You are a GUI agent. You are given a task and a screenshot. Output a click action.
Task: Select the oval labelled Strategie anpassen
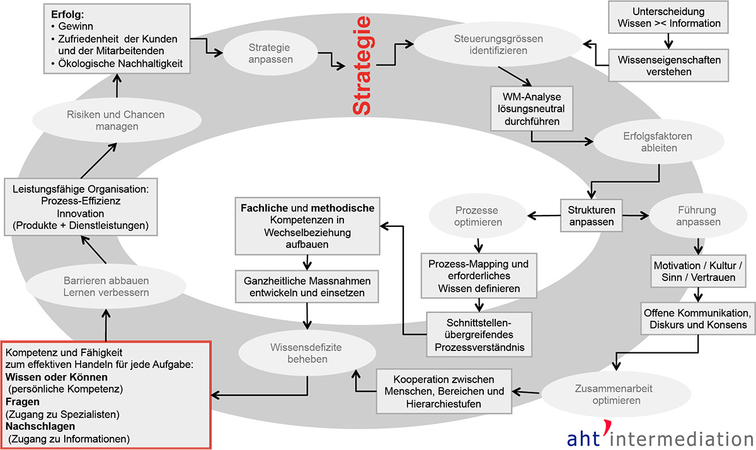coord(269,53)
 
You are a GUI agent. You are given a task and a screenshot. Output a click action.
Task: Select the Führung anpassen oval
coord(695,216)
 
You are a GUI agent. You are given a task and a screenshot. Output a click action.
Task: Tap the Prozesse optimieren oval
coord(478,216)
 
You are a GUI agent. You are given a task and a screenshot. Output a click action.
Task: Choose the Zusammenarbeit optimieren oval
coord(598,395)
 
